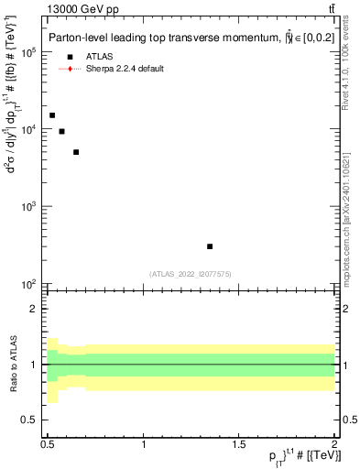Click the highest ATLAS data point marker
click(x=52, y=115)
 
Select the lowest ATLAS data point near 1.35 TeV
click(x=210, y=246)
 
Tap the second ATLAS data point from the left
click(x=61, y=132)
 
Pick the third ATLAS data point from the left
click(x=76, y=152)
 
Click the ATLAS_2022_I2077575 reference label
click(x=191, y=274)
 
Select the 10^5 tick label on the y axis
click(x=29, y=52)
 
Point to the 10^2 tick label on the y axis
click(x=29, y=284)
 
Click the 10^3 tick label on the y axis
click(x=29, y=207)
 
